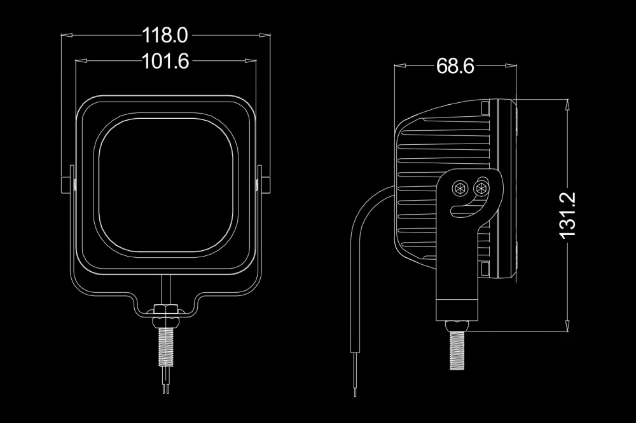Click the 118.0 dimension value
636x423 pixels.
pyautogui.click(x=165, y=36)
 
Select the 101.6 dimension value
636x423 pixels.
pyautogui.click(x=165, y=61)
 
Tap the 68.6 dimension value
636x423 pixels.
pyautogui.click(x=455, y=66)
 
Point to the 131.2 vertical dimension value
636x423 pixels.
pyautogui.click(x=567, y=215)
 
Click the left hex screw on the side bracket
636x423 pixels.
pyautogui.click(x=460, y=188)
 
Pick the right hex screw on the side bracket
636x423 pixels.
pyautogui.click(x=481, y=187)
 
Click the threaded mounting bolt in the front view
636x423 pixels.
pyautogui.click(x=166, y=346)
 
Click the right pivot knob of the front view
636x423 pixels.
pyautogui.click(x=265, y=185)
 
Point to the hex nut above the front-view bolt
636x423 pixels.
pyautogui.click(x=166, y=309)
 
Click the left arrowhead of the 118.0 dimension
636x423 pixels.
pyautogui.click(x=67, y=36)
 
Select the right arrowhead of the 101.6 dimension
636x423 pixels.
pyautogui.click(x=251, y=61)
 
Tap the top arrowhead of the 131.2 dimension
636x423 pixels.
pyautogui.click(x=567, y=105)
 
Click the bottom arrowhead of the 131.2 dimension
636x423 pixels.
pyautogui.click(x=567, y=326)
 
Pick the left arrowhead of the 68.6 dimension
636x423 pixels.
pyautogui.click(x=400, y=65)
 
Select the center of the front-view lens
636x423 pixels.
pyautogui.click(x=166, y=185)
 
